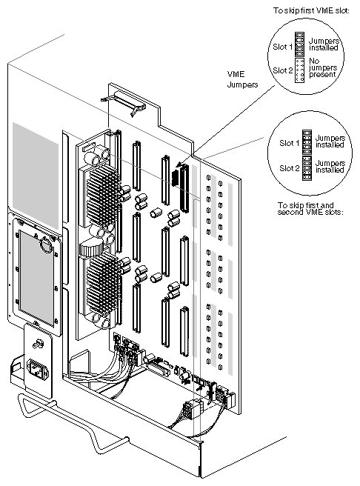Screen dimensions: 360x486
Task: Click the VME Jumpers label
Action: [242, 79]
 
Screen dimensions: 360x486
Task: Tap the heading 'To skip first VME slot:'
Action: [311, 10]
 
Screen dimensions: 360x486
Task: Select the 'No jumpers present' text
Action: [323, 67]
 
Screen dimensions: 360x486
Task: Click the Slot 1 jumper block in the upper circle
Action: [299, 44]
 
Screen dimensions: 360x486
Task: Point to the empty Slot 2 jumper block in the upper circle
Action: [299, 70]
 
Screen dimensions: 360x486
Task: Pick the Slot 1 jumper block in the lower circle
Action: [307, 142]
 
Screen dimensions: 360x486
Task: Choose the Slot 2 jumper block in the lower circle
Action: [307, 167]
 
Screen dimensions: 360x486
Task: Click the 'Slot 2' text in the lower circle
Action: [290, 168]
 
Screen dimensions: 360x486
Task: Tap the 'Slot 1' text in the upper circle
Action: [282, 47]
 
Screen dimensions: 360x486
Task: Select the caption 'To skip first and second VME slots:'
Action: [310, 209]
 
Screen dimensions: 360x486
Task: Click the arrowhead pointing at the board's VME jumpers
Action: [179, 165]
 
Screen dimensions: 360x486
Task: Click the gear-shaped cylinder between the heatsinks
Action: [91, 247]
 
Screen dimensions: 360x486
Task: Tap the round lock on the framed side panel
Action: [46, 245]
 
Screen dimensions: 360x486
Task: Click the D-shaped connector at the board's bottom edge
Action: [159, 369]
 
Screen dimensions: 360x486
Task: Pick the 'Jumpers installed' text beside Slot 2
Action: [330, 167]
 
